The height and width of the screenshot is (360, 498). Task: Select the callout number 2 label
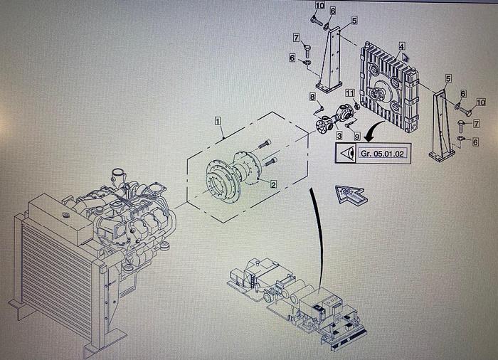point(272,183)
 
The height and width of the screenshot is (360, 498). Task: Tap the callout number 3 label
point(339,135)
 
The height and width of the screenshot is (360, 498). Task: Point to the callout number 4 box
point(402,46)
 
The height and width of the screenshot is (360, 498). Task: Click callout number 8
point(312,96)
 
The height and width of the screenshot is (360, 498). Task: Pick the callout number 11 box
point(349,93)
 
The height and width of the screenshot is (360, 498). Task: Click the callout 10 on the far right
point(480,102)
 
